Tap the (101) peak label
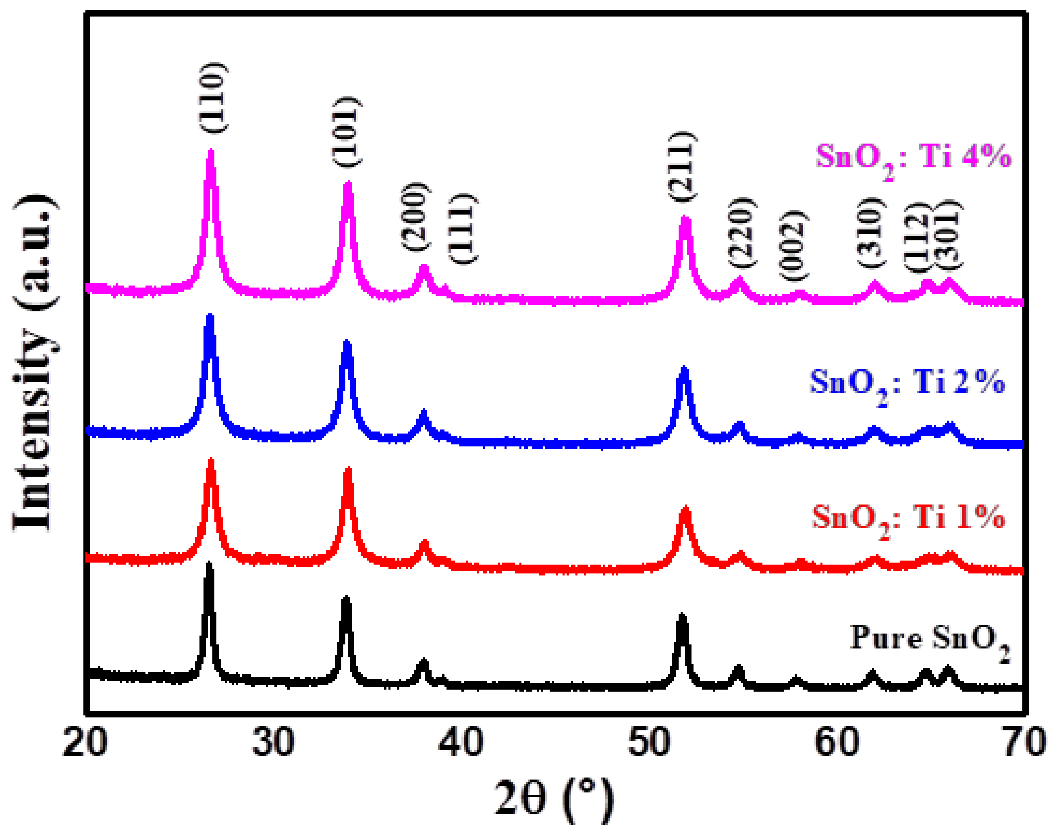[x=347, y=132]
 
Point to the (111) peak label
[x=462, y=229]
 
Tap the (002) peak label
[x=792, y=246]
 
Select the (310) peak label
[x=871, y=233]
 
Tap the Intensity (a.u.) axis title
[x=34, y=362]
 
